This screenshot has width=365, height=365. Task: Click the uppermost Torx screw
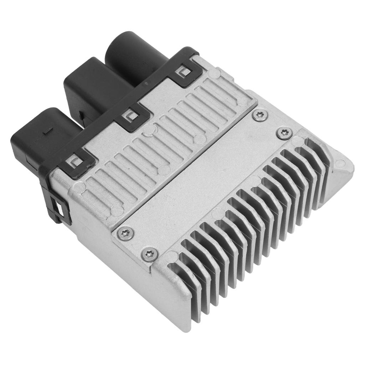259,115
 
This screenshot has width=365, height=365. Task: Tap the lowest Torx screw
150,254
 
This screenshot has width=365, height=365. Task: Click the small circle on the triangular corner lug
341,164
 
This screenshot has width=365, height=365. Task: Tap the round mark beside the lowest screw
172,256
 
